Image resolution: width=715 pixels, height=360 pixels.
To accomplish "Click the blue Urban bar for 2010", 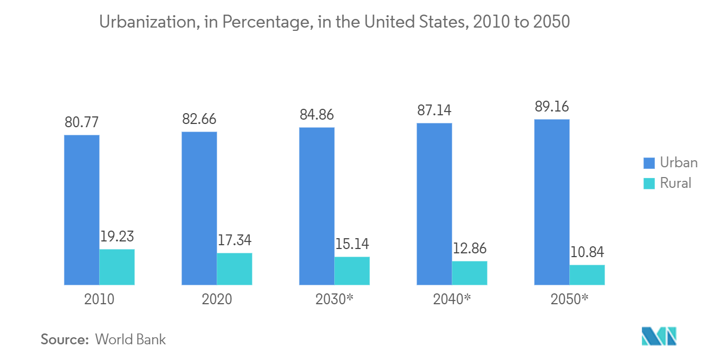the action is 82,210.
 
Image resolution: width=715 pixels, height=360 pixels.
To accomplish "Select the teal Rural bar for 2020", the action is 235,269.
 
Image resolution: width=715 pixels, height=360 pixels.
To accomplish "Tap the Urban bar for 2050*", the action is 552,202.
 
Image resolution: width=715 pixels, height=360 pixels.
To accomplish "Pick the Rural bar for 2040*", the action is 470,273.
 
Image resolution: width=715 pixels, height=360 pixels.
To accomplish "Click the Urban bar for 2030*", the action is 317,206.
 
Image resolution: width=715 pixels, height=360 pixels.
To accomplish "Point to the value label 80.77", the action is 82,122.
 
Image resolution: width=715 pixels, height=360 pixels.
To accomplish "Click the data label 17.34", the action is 235,240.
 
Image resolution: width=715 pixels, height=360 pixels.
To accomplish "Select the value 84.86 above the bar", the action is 317,115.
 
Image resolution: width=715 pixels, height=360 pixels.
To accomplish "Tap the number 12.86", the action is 470,248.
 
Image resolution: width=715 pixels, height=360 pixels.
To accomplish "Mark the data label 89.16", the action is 552,107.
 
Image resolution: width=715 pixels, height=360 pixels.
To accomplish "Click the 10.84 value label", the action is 587,252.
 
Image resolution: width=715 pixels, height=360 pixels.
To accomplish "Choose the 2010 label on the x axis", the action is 99,299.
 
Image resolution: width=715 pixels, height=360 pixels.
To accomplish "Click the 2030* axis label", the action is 334,299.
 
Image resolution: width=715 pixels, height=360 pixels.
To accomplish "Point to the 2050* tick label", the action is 569,299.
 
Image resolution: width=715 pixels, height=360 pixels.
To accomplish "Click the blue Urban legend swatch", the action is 649,163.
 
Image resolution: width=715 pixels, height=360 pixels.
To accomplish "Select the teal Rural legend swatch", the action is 649,183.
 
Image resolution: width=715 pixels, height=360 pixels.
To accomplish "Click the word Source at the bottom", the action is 64,339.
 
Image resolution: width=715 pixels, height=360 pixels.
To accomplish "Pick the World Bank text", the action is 131,339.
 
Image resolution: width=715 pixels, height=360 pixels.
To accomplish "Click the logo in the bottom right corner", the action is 659,336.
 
